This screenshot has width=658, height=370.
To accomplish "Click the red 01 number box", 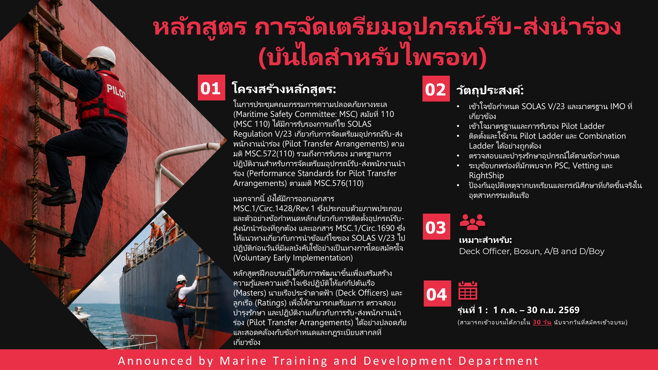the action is (x=211, y=88).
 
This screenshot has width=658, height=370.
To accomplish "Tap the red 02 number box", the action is (x=436, y=89).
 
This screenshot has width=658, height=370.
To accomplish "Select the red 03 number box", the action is (x=436, y=227).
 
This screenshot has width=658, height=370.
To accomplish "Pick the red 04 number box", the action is (x=437, y=294).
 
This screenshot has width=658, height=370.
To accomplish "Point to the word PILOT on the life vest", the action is (x=116, y=91).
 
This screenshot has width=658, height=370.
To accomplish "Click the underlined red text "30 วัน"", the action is (x=542, y=322).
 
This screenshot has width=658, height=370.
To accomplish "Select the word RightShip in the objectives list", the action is (x=486, y=175).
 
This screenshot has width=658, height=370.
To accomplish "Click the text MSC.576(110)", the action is (x=339, y=183).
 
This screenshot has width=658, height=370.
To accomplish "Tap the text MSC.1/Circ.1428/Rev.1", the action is (x=274, y=209).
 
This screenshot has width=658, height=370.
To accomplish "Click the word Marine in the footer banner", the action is (x=243, y=361).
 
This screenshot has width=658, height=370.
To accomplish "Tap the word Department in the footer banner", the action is (x=499, y=361).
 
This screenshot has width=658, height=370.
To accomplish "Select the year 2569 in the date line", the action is (x=569, y=310).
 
